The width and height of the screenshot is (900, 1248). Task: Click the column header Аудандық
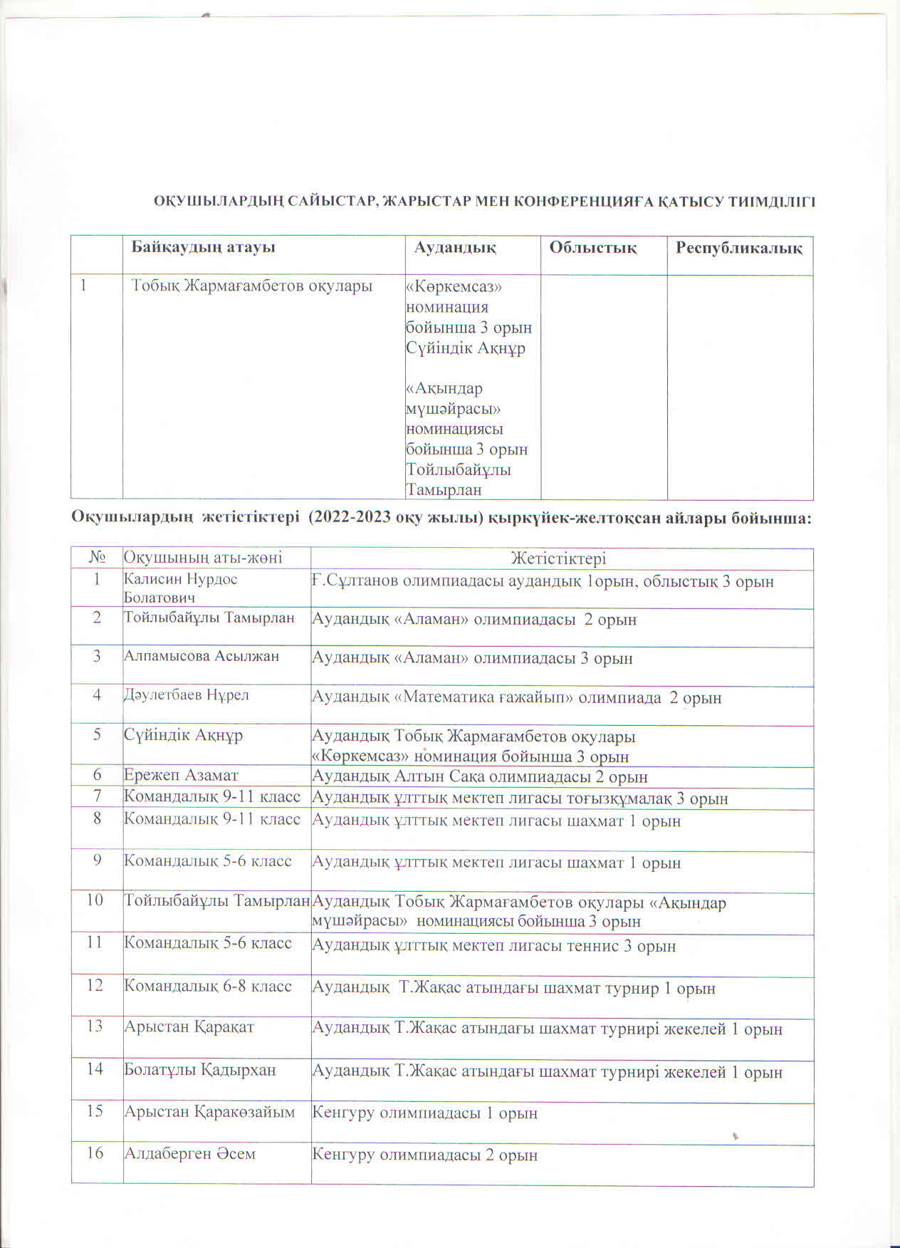[x=456, y=248]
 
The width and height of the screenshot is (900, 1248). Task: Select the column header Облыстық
[x=592, y=248]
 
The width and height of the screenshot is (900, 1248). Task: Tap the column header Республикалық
[x=739, y=248]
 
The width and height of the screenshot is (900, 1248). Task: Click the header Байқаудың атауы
[x=204, y=248]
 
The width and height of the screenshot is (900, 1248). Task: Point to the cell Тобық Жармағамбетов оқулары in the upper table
[x=252, y=286]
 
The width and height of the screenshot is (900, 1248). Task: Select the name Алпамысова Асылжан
[x=202, y=656]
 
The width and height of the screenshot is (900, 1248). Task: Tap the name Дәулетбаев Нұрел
[x=187, y=695]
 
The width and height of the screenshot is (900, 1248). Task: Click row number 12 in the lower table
[x=95, y=986]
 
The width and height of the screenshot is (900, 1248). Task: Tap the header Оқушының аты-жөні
[x=203, y=558]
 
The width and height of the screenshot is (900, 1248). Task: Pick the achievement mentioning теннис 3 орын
[x=494, y=946]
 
